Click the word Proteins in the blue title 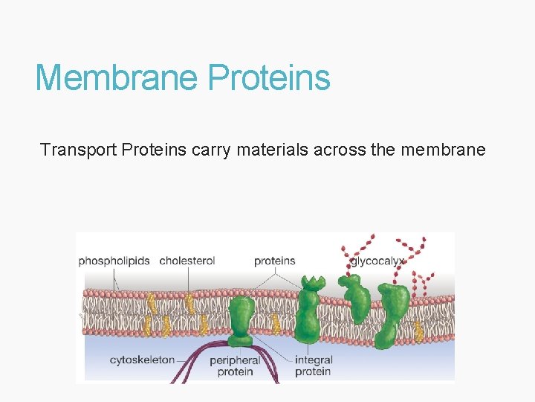pyautogui.click(x=269, y=77)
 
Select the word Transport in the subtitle pyautogui.click(x=78, y=150)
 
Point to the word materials pyautogui.click(x=273, y=150)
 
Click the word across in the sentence pyautogui.click(x=340, y=150)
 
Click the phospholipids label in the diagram pyautogui.click(x=114, y=261)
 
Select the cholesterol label pyautogui.click(x=187, y=261)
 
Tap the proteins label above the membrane pyautogui.click(x=274, y=261)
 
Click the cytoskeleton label pyautogui.click(x=142, y=360)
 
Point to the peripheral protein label pyautogui.click(x=235, y=366)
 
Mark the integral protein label pyautogui.click(x=313, y=366)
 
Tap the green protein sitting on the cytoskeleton pyautogui.click(x=241, y=320)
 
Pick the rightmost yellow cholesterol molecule pyautogui.click(x=420, y=331)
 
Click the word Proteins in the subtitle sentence pyautogui.click(x=154, y=150)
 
